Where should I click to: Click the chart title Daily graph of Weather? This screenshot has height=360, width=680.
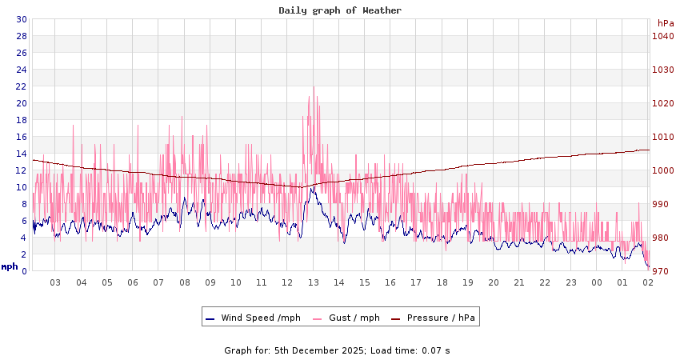click(340, 10)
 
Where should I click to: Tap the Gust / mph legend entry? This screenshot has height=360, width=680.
click(351, 318)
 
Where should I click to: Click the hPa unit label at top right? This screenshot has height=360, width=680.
click(666, 23)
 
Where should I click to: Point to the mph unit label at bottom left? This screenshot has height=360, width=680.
click(10, 266)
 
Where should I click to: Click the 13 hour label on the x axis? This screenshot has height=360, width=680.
click(314, 282)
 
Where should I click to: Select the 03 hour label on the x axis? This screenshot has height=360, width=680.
click(56, 282)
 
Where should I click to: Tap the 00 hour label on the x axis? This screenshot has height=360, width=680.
click(597, 282)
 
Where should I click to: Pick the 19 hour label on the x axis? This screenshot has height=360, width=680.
click(468, 282)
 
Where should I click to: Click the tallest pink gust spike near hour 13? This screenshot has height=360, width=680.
click(314, 87)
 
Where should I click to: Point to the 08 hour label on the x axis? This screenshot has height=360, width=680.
click(185, 282)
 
